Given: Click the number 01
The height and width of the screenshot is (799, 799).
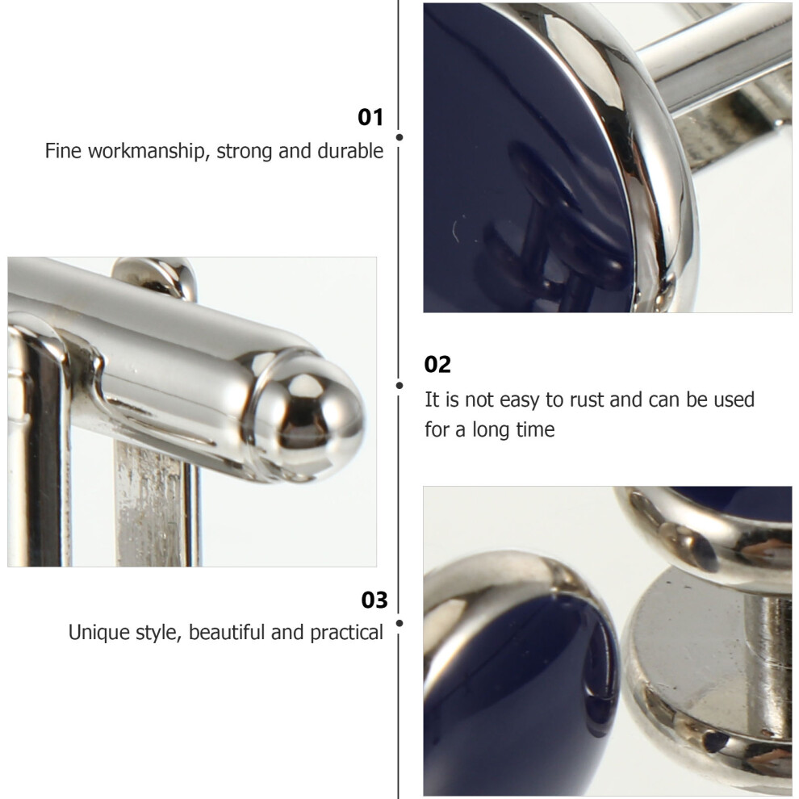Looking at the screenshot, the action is click(370, 117).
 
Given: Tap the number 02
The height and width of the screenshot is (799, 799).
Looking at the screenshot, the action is click(437, 365).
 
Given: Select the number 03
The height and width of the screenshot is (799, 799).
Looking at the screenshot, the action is click(374, 600).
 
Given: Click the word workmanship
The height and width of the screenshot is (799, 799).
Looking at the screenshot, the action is click(146, 152).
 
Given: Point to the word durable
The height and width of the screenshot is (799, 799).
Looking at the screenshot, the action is click(350, 151).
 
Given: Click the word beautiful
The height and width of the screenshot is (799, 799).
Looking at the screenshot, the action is click(228, 633).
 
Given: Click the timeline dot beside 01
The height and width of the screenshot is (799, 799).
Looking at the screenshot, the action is click(399, 137).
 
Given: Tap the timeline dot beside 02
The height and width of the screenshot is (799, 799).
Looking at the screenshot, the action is click(399, 386).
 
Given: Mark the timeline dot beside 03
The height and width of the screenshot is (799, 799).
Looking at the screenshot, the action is click(399, 623).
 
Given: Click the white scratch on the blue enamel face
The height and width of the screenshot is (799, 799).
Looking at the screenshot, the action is click(454, 231).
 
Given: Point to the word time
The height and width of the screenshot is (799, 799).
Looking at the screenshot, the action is click(535, 429).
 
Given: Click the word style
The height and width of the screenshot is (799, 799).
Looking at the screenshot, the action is click(159, 634).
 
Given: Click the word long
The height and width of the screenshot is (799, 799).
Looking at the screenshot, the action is click(492, 431).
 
